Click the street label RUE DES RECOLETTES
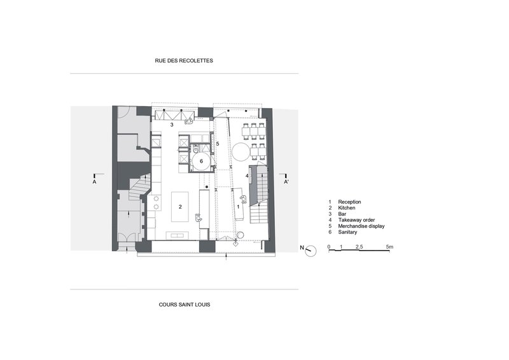coord(184,60)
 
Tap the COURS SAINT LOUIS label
coord(185,305)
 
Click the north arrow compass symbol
coord(310,251)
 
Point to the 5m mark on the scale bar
coord(389,247)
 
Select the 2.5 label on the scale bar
coord(359,247)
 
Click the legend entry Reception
coord(349,202)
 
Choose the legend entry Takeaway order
coord(356,220)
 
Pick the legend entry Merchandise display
coord(361,226)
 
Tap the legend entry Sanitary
coord(347,232)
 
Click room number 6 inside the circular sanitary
coord(201,161)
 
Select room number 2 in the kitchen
coord(180,207)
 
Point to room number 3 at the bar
coord(172,125)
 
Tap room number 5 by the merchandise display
coord(218,144)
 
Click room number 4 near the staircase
coord(247,176)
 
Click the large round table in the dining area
coord(241,152)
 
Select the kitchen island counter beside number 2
coord(180,207)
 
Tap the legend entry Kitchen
coord(346,208)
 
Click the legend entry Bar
coord(342,214)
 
